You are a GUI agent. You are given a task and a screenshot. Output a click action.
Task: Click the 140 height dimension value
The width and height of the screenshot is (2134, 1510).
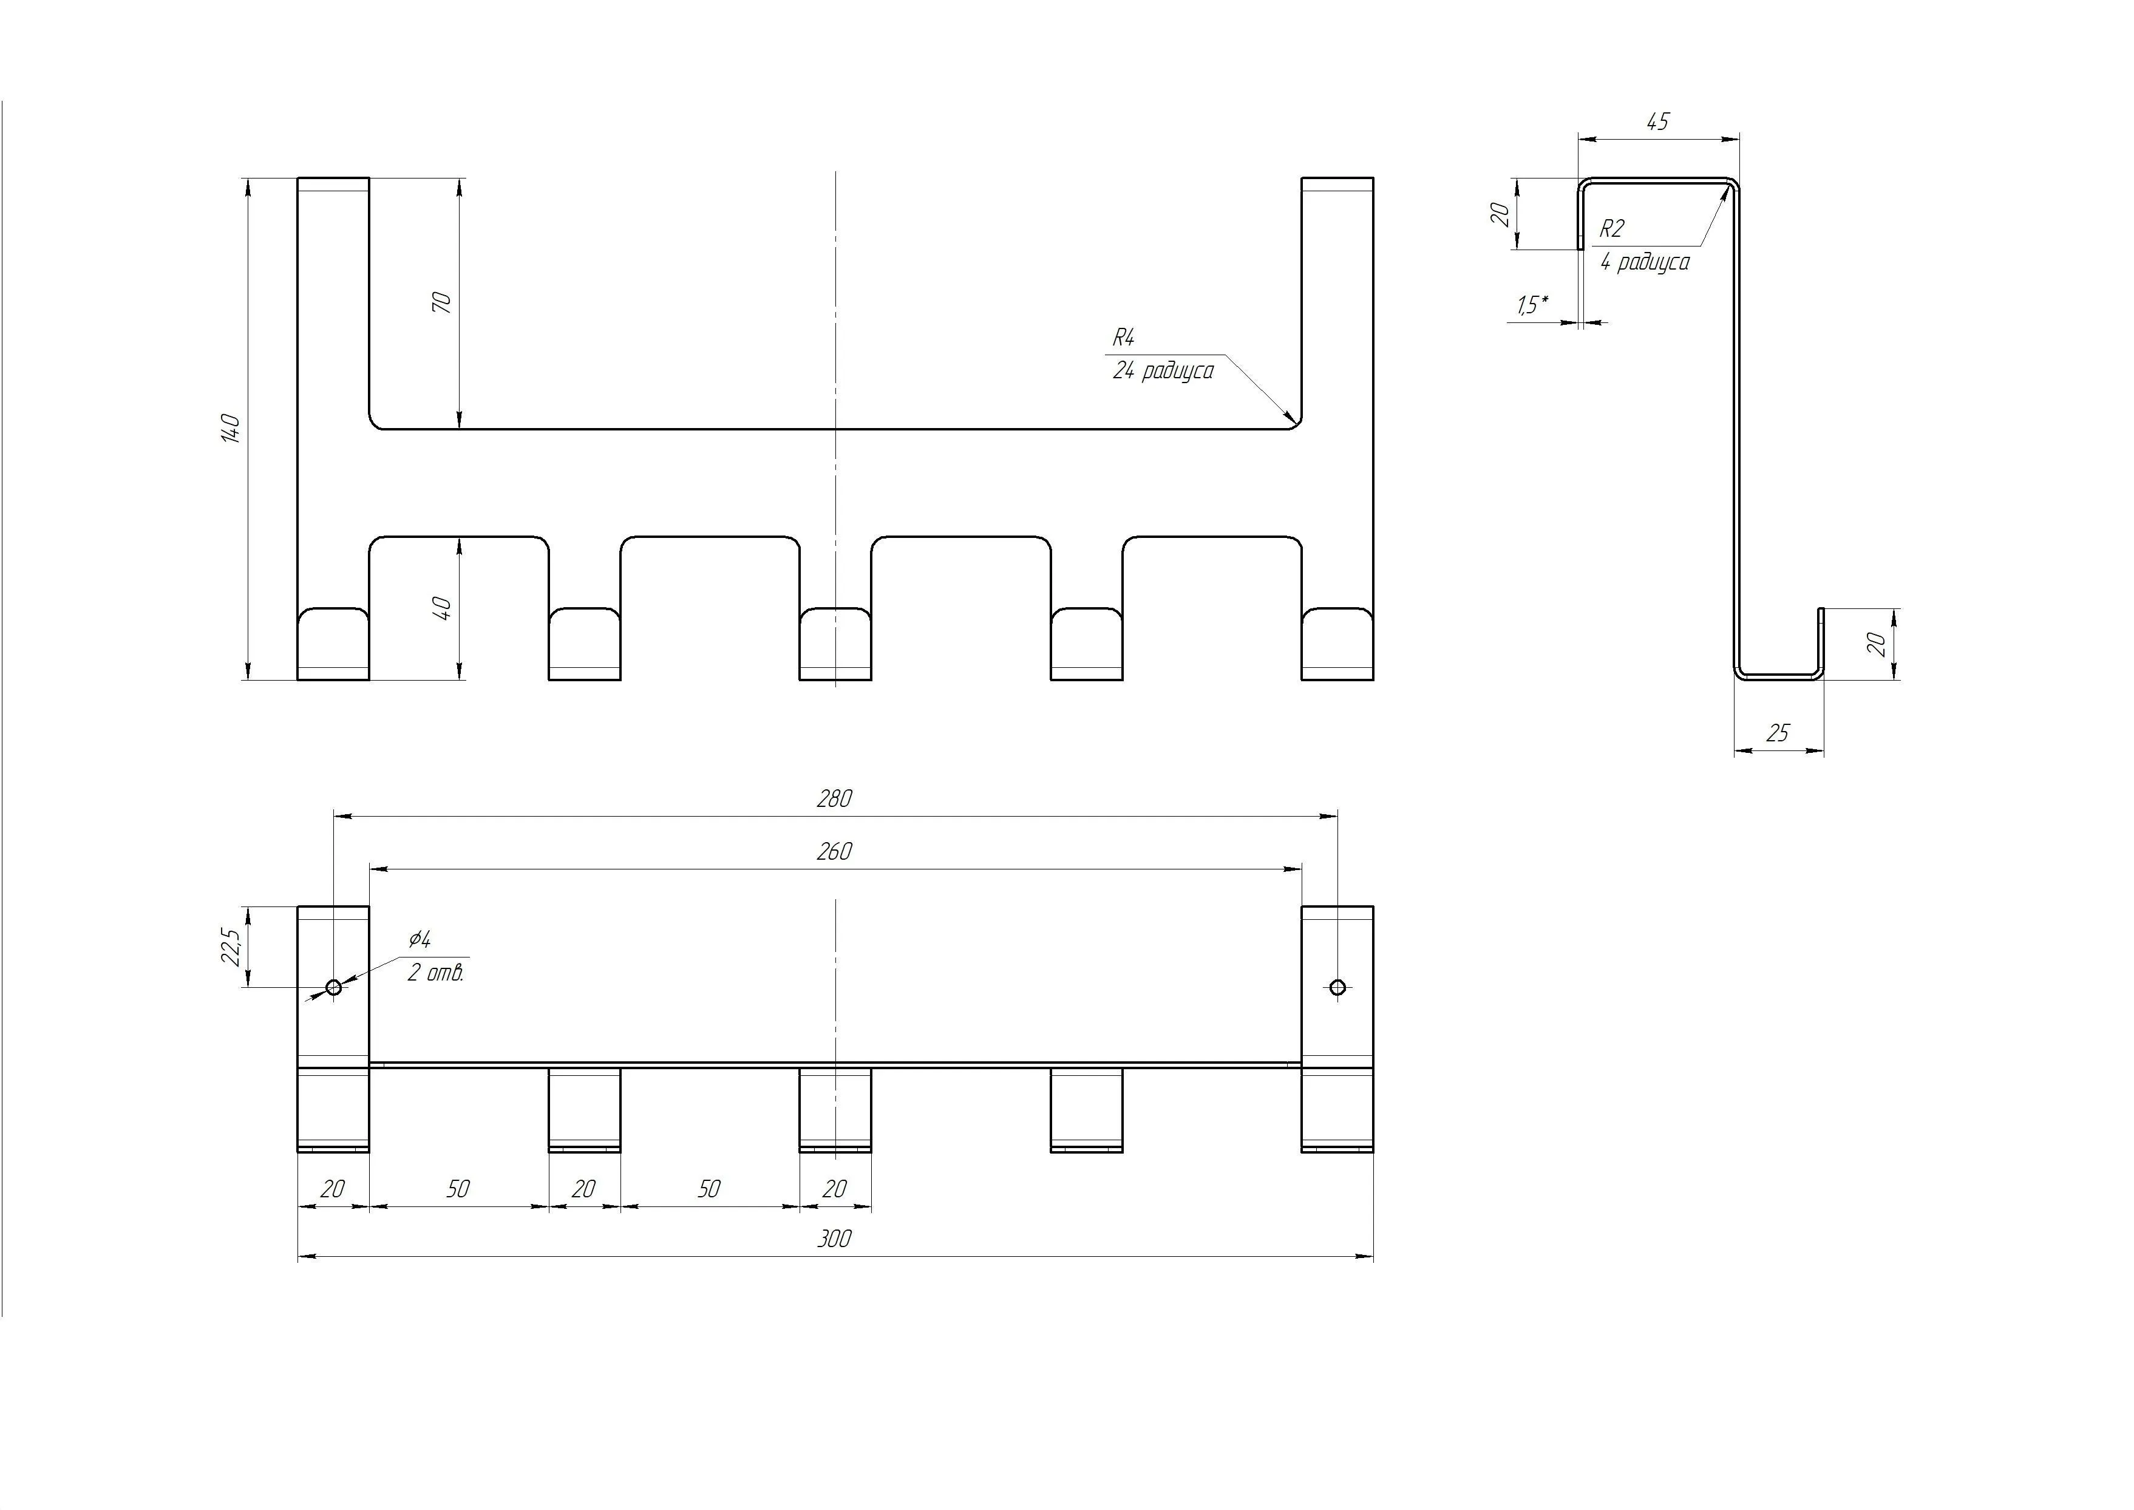(x=231, y=429)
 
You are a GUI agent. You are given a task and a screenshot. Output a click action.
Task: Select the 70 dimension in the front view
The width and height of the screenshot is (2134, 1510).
(x=443, y=302)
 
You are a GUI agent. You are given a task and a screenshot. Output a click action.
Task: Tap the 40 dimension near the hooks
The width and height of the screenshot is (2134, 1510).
(x=443, y=609)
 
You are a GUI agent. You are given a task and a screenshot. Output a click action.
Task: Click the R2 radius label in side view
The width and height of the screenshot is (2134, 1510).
(x=1611, y=229)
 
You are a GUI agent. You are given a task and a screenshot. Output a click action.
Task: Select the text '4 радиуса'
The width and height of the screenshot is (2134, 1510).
(x=1644, y=262)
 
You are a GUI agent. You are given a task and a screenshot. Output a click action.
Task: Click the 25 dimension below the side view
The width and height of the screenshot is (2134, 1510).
(x=1777, y=733)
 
